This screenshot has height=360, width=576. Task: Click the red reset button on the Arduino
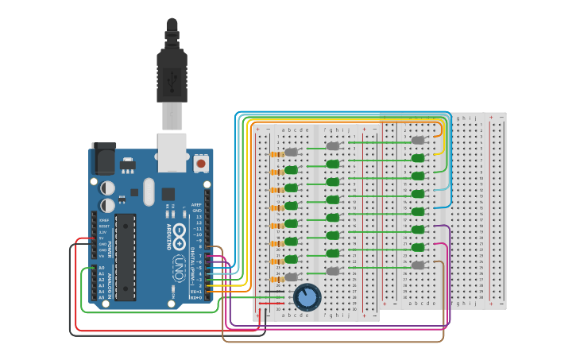(x=201, y=164)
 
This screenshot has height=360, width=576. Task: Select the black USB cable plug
(x=172, y=72)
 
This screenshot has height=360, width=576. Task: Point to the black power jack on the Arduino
(x=103, y=159)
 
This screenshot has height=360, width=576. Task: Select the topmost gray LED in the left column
(x=292, y=152)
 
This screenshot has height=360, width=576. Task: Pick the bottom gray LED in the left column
(x=292, y=277)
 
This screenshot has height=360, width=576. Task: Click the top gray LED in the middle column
(x=333, y=146)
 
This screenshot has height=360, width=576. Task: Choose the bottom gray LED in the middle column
(x=333, y=271)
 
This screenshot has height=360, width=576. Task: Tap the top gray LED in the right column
(x=418, y=140)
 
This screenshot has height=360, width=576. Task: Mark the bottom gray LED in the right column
(x=418, y=265)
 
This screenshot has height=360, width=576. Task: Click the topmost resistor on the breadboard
(x=276, y=153)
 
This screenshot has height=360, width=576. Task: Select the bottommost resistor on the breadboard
(x=276, y=279)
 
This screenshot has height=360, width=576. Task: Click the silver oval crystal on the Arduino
(x=149, y=192)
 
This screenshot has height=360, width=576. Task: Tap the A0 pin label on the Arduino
(x=101, y=268)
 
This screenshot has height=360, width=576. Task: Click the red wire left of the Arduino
(x=76, y=286)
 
